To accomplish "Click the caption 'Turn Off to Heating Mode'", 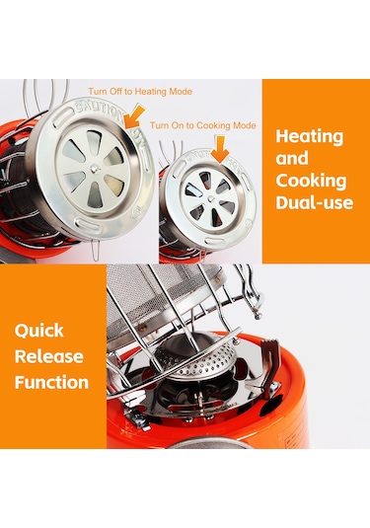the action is point(140,91).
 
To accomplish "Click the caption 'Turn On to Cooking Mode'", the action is point(202,125).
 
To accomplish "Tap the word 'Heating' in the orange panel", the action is point(310,137).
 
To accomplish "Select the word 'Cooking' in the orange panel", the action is point(311,181).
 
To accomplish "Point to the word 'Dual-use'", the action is point(315,202).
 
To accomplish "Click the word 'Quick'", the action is point(39,331).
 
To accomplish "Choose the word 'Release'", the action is point(49,356).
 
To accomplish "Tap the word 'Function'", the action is point(51,383).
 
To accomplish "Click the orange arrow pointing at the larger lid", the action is point(133,115).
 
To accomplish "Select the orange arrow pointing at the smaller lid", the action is point(220,149).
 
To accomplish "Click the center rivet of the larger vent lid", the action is point(95,168).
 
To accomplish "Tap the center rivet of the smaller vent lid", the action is point(211,198).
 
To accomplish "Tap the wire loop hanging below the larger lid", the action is point(96,250).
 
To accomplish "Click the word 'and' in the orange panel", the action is point(292,159).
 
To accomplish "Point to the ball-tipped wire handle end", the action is point(258,316).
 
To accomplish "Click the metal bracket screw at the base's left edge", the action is point(141,419).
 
